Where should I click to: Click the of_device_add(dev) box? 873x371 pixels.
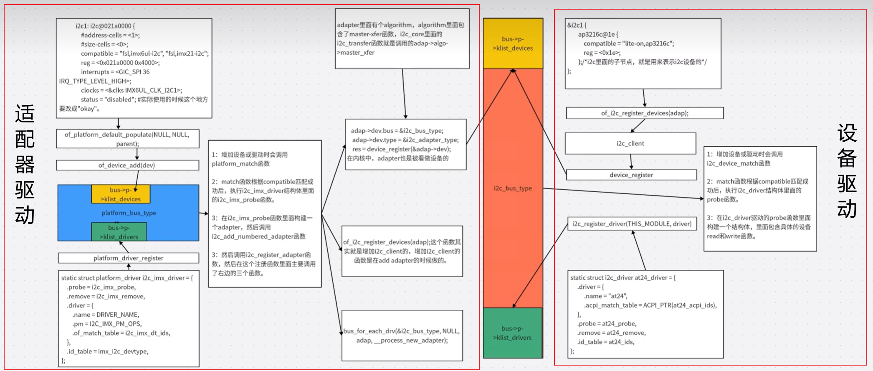(x=127, y=165)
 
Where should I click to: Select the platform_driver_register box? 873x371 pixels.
(x=128, y=258)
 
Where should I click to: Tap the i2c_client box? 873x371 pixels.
(x=630, y=143)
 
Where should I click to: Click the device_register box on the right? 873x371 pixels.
(x=631, y=175)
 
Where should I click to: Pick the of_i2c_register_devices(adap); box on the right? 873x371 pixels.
(x=644, y=113)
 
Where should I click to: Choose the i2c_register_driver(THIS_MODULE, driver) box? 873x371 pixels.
(x=632, y=224)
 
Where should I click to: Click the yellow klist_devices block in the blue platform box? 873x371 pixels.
(x=121, y=194)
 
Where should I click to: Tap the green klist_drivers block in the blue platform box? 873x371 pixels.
(x=119, y=232)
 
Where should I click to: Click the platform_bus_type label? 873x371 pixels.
(x=129, y=213)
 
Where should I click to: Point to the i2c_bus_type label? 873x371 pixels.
(x=513, y=188)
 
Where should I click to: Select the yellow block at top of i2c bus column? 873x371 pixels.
(x=513, y=43)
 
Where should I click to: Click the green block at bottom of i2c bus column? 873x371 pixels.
(x=513, y=333)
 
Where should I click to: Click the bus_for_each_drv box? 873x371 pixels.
(x=402, y=335)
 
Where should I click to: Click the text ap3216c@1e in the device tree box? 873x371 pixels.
(x=596, y=34)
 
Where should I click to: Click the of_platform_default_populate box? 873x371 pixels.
(x=127, y=139)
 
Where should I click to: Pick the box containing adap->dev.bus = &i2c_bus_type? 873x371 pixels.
(x=405, y=145)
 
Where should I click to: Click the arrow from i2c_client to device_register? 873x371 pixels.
(x=631, y=162)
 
